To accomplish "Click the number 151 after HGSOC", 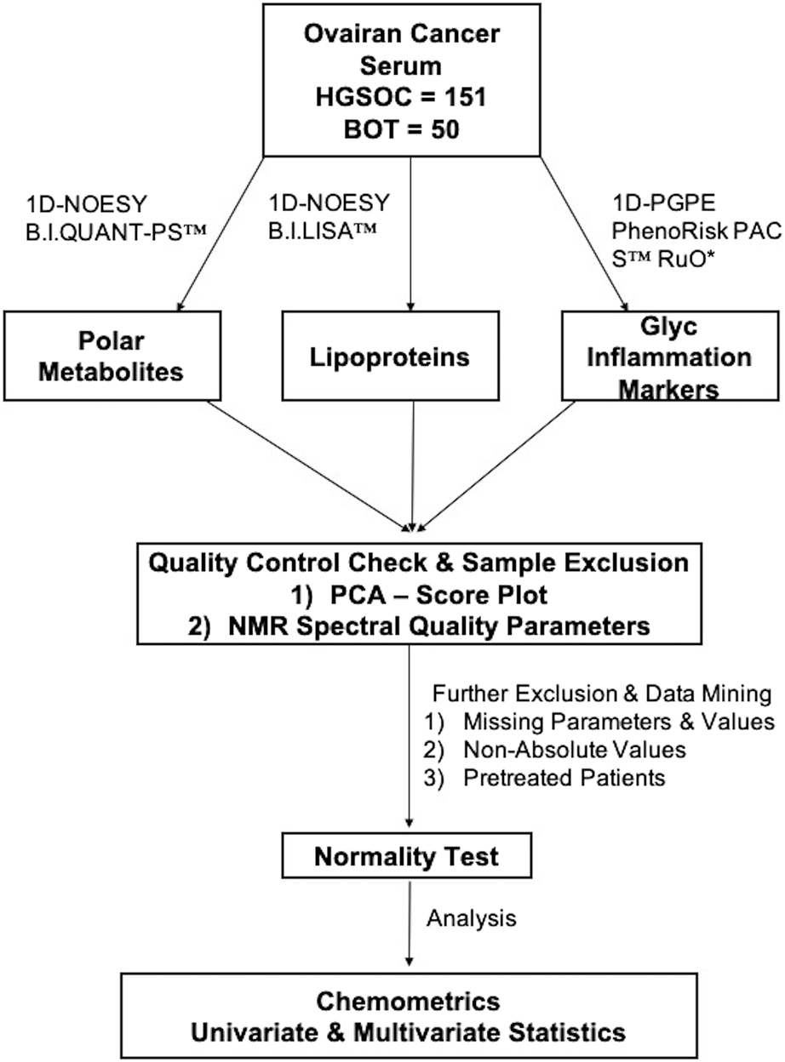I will pyautogui.click(x=464, y=98).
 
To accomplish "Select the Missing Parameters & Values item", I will pyautogui.click(x=617, y=722).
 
